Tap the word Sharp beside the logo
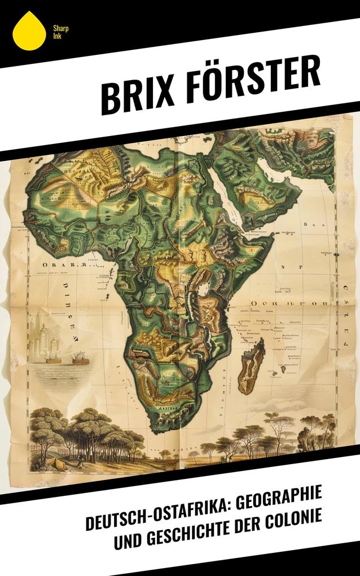click(x=56, y=28)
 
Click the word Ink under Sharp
click(x=56, y=36)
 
